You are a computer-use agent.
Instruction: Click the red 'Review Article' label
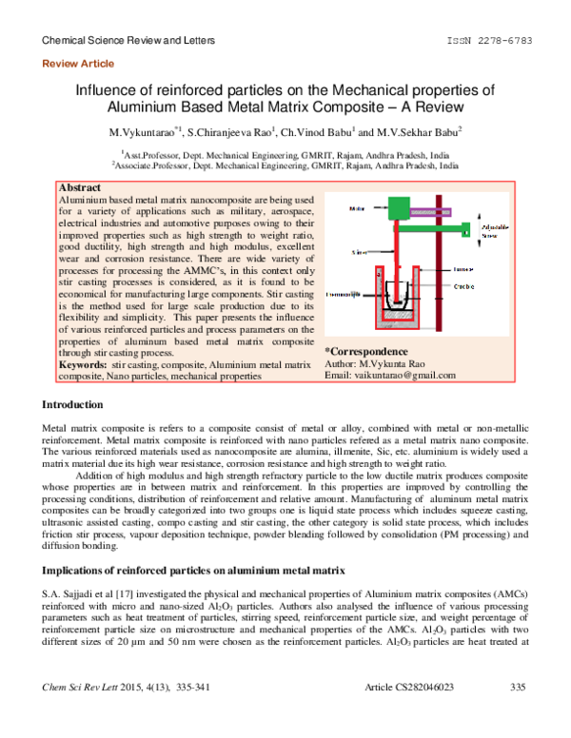tap(79, 64)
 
